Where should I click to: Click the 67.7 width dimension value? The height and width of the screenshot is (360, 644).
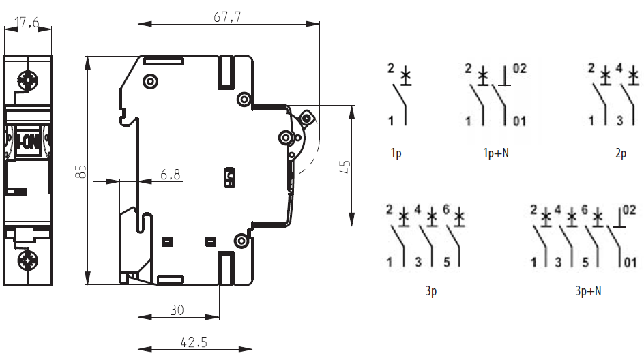[x=227, y=16]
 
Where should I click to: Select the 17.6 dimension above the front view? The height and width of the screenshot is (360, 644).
[x=27, y=23]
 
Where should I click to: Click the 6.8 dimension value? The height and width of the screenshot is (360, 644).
[x=171, y=175]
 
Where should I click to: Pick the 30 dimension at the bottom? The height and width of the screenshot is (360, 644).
[x=177, y=310]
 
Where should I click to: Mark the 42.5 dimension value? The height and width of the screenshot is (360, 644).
[x=194, y=342]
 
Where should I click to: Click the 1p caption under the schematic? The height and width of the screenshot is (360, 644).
[x=396, y=153]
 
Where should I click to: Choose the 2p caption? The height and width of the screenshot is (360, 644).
[x=620, y=153]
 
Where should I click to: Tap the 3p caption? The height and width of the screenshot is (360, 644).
[x=430, y=291]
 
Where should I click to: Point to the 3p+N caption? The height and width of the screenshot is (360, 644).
[x=588, y=291]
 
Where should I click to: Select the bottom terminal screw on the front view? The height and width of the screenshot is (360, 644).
[x=29, y=260]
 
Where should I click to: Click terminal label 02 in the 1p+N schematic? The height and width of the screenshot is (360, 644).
[x=520, y=68]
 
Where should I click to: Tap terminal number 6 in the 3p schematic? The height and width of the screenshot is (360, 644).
[x=446, y=209]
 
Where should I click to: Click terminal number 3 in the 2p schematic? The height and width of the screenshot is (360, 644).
[x=619, y=121]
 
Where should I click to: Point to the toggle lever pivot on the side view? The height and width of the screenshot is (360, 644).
[x=286, y=138]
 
